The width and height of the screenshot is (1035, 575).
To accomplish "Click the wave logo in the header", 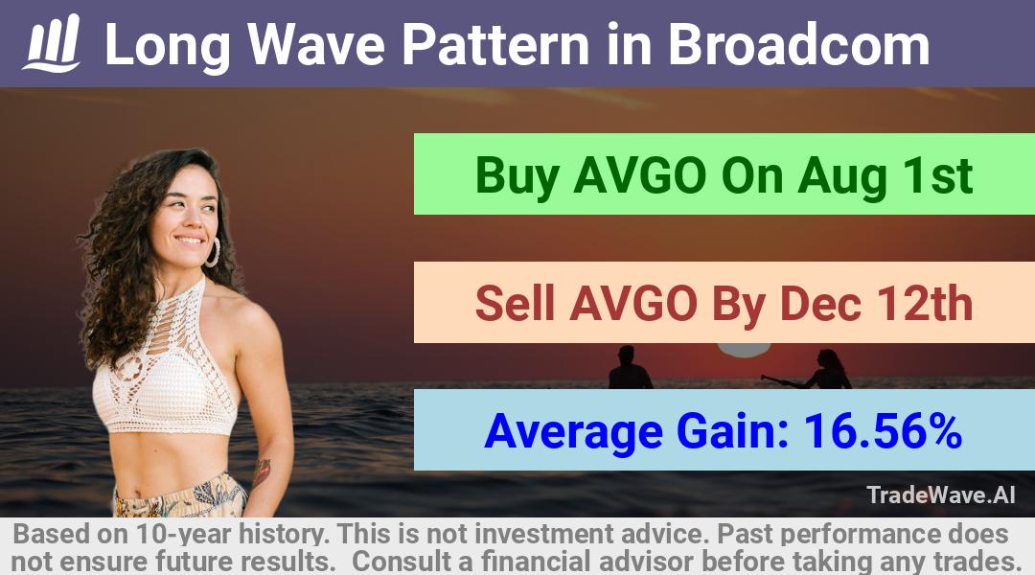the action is pos(52,43).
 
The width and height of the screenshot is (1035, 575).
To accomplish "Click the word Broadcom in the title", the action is pos(798,44).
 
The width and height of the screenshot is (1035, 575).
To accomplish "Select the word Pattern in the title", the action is pos(495,44).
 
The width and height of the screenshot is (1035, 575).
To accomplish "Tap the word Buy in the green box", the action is pos(517,176).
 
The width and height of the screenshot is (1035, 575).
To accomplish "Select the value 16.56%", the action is pos(883,431).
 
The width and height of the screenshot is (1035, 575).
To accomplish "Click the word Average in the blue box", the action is pos(573,432).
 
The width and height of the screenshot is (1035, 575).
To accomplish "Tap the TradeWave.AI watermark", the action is pos(941,494).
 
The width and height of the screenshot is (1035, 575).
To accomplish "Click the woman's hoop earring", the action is pos(213,252).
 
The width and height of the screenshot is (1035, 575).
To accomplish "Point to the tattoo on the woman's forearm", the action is pos(262,472).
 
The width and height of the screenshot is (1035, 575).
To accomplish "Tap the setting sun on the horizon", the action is pos(744,350).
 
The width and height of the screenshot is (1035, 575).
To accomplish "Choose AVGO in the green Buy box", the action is pos(640,175).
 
